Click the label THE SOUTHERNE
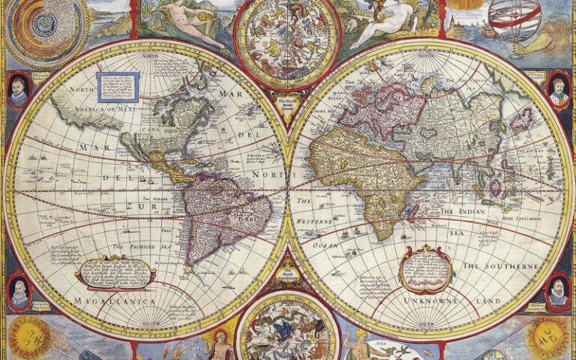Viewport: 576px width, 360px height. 500,266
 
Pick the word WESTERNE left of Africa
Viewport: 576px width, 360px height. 319,222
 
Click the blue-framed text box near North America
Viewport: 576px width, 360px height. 118,86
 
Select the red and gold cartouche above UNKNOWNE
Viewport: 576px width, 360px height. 425,268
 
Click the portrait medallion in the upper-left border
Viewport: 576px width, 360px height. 19,90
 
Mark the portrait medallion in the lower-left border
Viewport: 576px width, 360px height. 19,291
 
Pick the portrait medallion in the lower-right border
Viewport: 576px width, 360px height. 556,291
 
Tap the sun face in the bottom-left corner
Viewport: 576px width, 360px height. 27,337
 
